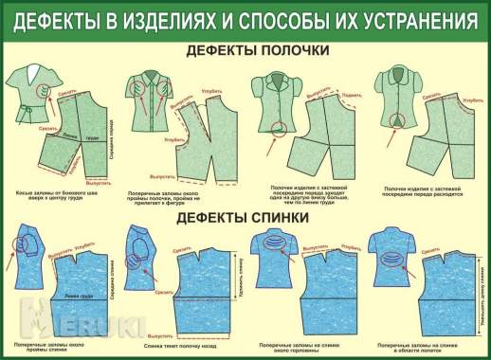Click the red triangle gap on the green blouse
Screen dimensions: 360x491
395,120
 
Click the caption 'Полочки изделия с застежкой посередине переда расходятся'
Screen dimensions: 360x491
419,192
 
